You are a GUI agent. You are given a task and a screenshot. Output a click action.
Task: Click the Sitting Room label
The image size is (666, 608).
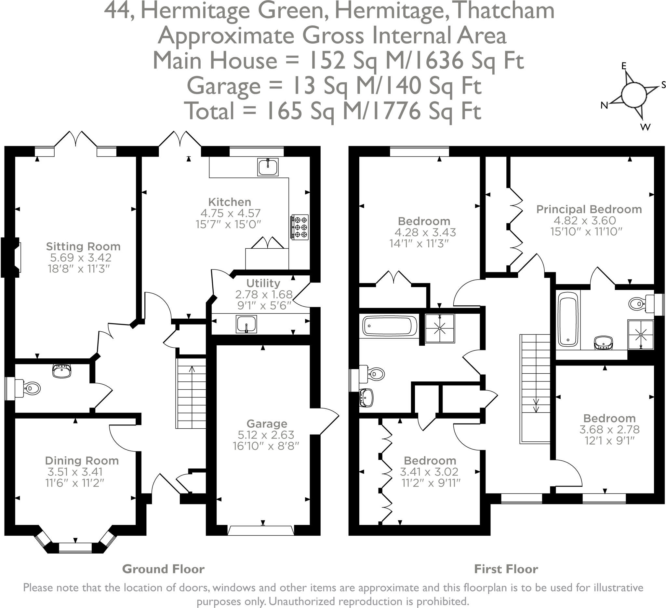coord(83,246)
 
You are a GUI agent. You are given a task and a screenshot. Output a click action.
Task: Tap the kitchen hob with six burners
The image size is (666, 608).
coord(299,227)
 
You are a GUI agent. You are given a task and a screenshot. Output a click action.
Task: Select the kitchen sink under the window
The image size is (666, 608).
coord(268,167)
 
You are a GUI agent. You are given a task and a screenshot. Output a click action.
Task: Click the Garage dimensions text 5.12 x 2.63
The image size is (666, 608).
coord(266,435)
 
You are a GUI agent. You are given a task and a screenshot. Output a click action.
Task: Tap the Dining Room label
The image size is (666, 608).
coord(82,461)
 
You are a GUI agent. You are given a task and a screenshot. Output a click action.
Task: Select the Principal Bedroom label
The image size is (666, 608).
coord(589,209)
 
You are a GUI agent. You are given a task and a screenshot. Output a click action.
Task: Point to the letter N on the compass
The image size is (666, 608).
coord(604,105)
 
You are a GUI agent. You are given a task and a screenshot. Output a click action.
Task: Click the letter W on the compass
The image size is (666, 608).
coord(645,127)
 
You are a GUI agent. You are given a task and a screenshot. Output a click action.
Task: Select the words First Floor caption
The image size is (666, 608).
coord(506,569)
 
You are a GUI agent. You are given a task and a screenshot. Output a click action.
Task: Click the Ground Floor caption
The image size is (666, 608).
coord(163,569)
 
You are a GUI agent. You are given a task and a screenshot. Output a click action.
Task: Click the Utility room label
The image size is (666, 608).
coord(263,283)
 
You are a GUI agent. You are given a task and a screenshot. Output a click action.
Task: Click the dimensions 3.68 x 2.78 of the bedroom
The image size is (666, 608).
coord(609,429)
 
